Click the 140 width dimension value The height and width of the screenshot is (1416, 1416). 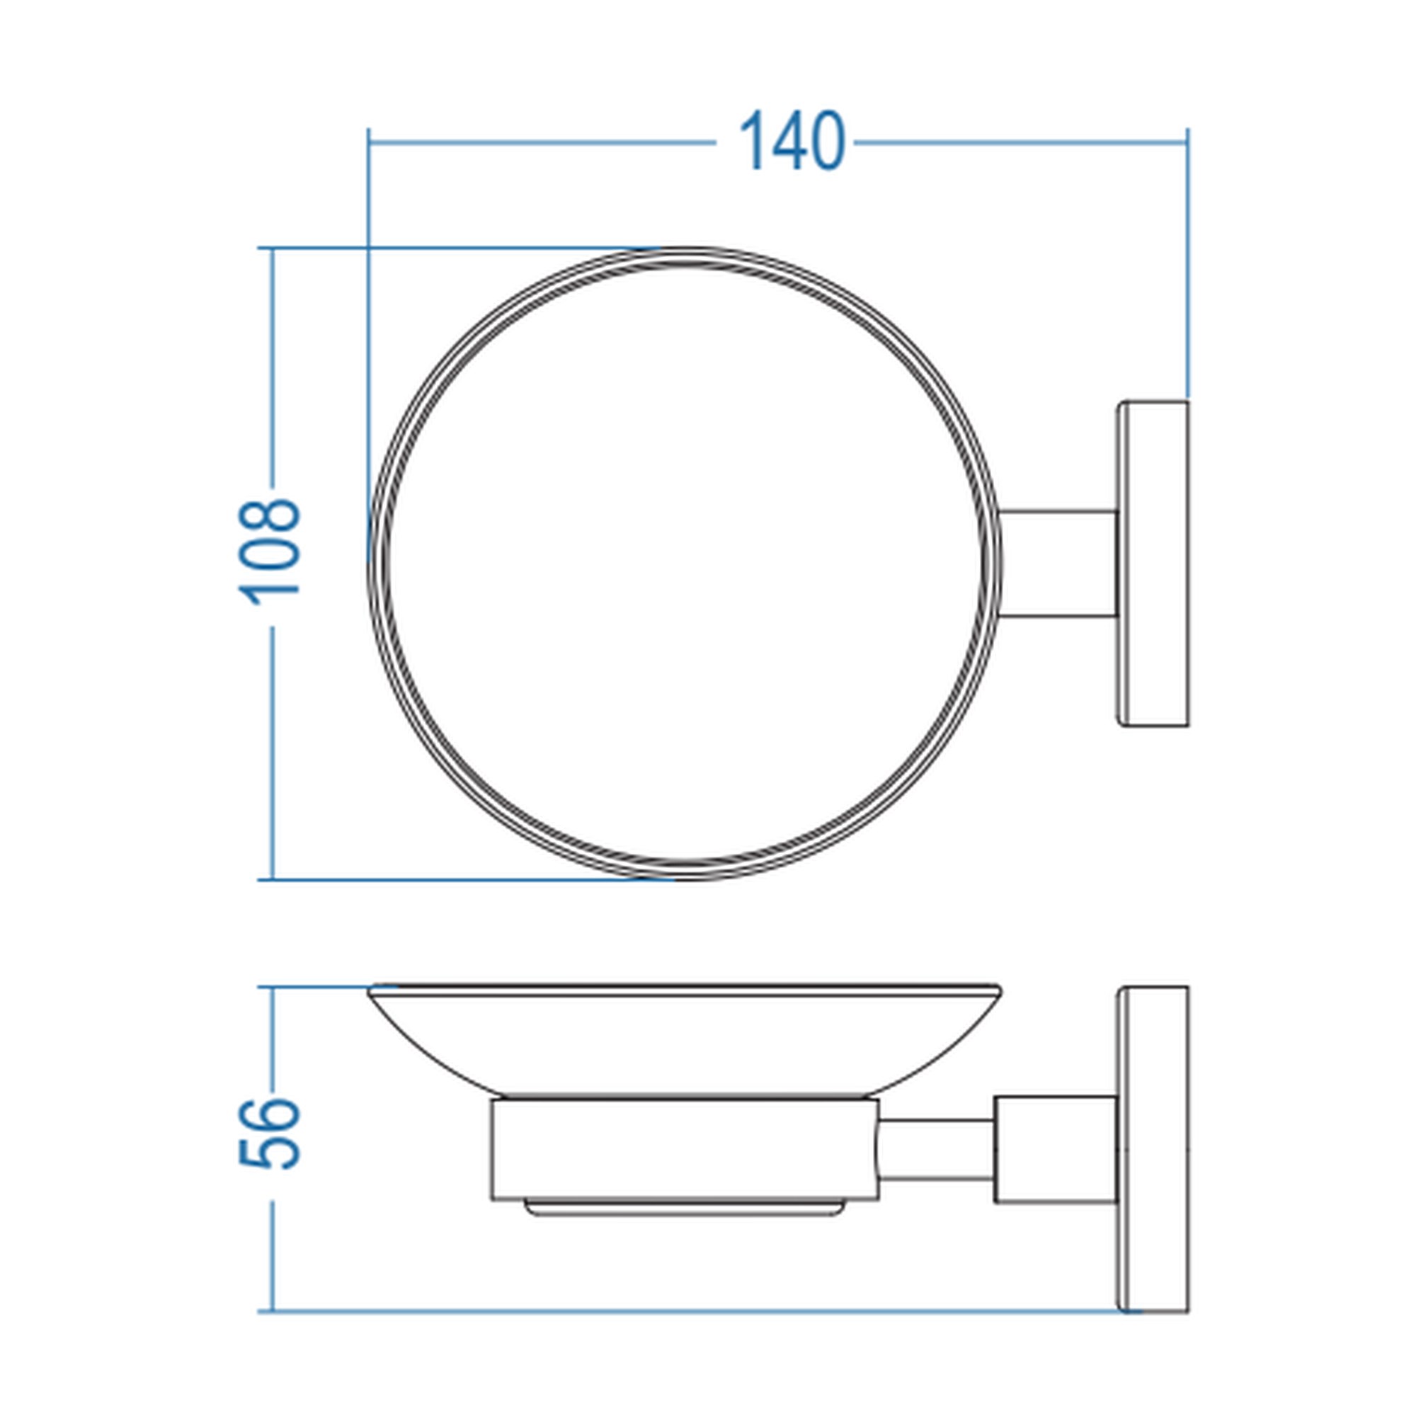click(x=792, y=142)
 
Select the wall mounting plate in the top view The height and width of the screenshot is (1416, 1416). click(x=1152, y=564)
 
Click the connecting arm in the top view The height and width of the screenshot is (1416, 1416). click(x=1058, y=563)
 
